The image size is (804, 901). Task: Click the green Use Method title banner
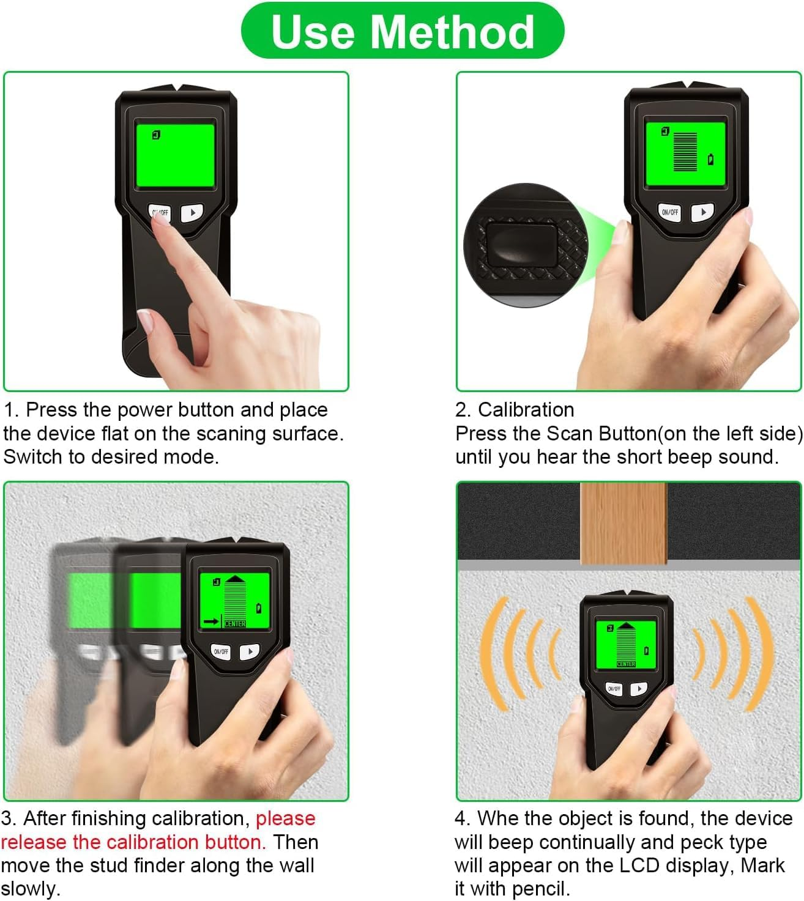pos(402,31)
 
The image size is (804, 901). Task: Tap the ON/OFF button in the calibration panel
pos(669,212)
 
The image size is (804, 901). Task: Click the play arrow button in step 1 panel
pos(192,213)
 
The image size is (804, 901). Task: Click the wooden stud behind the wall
pos(623,523)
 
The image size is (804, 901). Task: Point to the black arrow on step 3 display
pos(211,621)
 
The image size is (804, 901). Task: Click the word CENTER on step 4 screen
pos(626,664)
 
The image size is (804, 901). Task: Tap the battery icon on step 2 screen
pos(710,160)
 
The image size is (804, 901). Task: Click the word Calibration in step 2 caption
pos(526,409)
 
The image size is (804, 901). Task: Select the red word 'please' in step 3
pos(285,818)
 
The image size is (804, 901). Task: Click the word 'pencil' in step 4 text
pos(539,888)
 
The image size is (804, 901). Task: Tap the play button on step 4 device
pos(639,688)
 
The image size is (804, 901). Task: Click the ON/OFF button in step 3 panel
pos(221,651)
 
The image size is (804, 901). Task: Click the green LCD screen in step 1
pos(175,155)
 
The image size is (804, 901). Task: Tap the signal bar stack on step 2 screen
pos(685,151)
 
